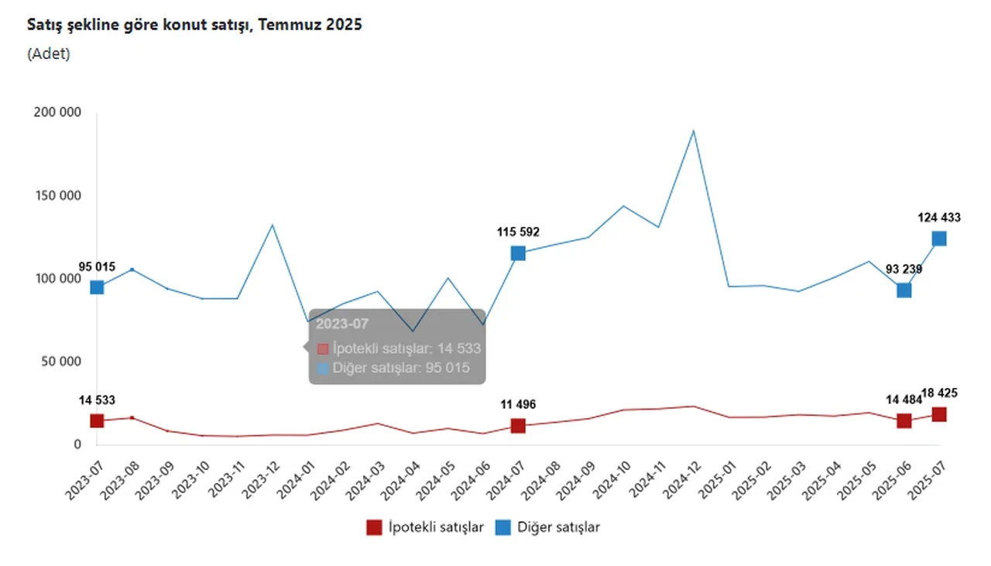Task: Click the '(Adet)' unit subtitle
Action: tap(49, 54)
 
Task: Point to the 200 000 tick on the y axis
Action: tap(58, 112)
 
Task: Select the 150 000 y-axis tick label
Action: tap(58, 195)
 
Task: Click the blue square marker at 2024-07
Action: tap(518, 253)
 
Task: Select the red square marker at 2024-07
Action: tap(518, 426)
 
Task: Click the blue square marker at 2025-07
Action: tap(939, 238)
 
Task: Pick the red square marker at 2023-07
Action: tap(97, 421)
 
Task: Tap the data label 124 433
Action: tap(938, 218)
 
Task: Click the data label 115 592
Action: tap(518, 232)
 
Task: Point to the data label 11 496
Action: tap(518, 405)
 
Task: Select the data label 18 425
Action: tap(938, 393)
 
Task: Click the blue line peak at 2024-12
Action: tap(694, 131)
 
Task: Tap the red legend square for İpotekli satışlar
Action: tap(375, 527)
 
